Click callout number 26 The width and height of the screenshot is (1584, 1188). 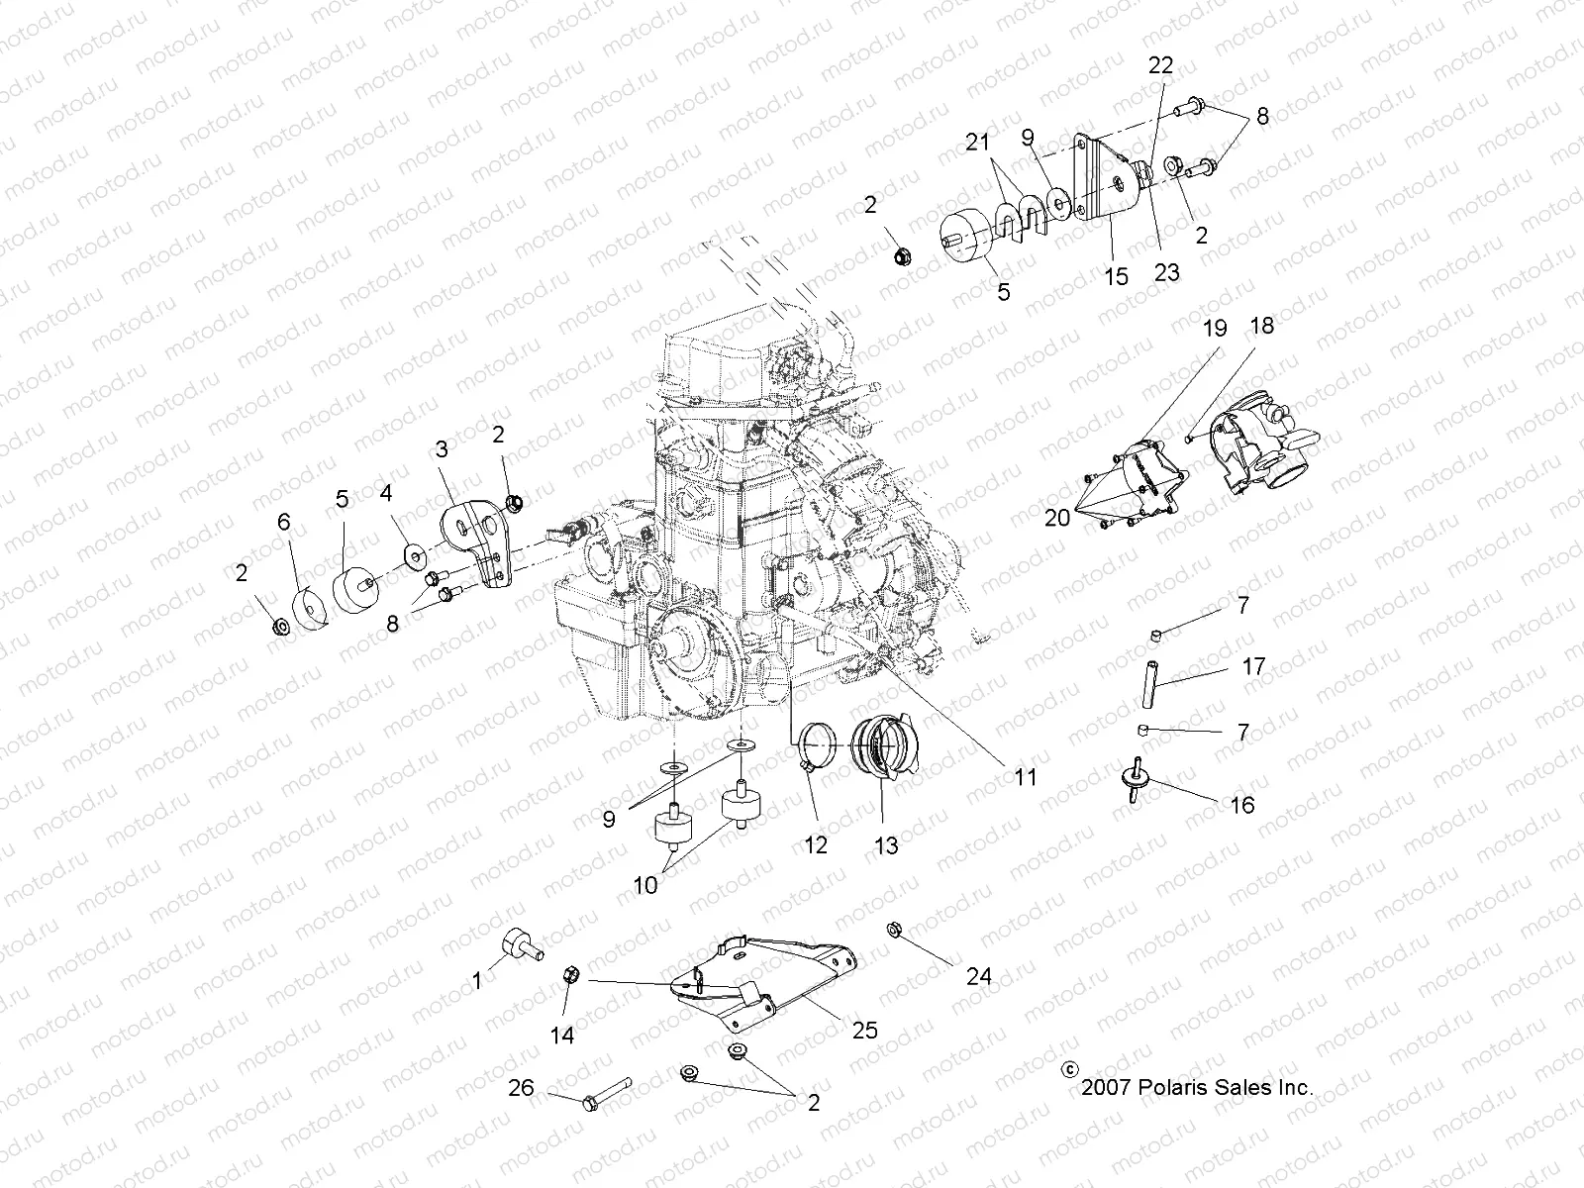click(521, 1088)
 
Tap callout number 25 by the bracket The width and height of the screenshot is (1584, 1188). click(864, 1031)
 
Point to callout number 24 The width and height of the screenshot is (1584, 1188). click(979, 977)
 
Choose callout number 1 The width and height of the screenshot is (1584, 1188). click(477, 980)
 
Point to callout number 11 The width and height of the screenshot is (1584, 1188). click(1026, 777)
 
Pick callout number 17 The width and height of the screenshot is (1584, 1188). click(1253, 666)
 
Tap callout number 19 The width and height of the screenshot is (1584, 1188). click(1215, 329)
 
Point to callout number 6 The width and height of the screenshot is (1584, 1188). click(283, 522)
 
